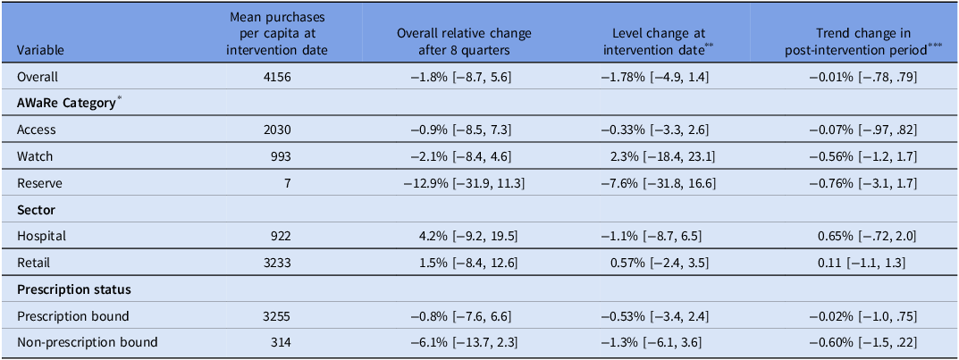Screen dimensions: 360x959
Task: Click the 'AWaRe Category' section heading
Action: tap(67, 103)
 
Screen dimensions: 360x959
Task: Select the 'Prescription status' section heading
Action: tap(67, 290)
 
